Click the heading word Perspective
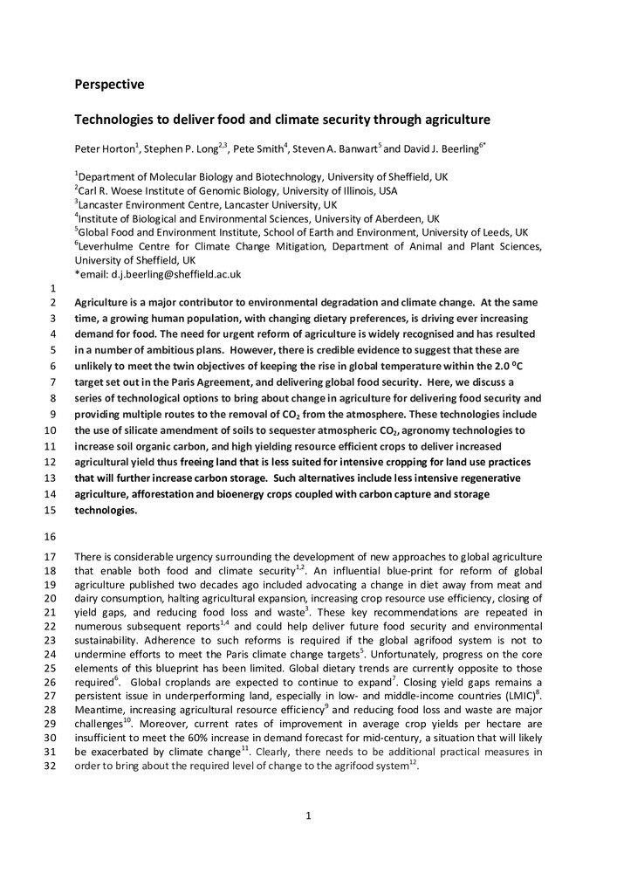[109, 85]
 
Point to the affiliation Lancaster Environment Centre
[153, 204]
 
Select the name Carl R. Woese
[116, 190]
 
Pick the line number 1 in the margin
[53, 289]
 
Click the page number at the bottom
[308, 816]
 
